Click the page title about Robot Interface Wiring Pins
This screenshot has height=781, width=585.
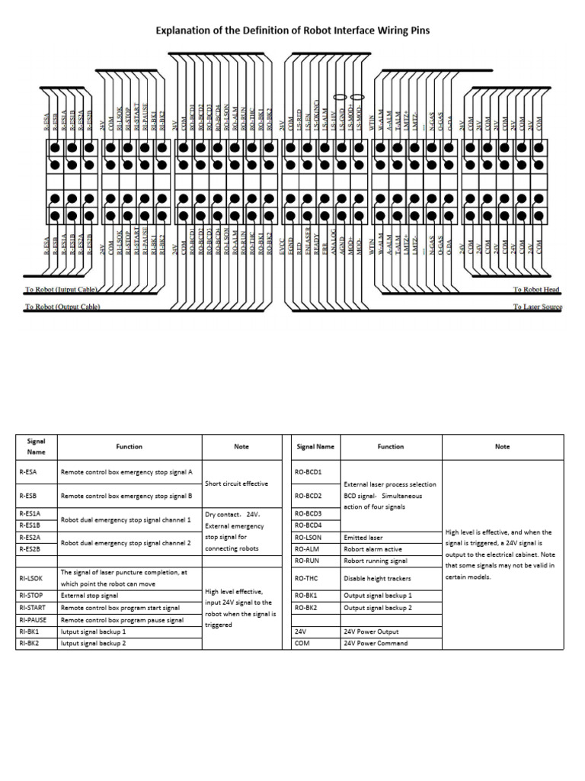pyautogui.click(x=292, y=31)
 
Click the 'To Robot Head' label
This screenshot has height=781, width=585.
pyautogui.click(x=536, y=290)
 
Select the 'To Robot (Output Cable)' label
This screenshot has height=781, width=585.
pyautogui.click(x=62, y=307)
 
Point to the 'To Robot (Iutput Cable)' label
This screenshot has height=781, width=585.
pyautogui.click(x=62, y=290)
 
